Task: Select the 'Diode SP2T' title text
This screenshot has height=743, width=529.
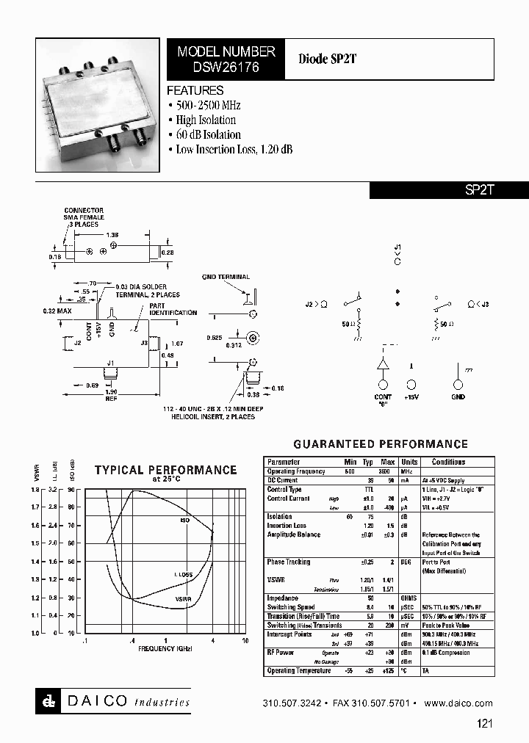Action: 327,59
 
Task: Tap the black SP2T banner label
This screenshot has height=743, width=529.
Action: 481,189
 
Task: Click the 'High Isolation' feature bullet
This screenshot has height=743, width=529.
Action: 206,120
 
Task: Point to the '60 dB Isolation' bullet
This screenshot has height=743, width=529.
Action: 208,134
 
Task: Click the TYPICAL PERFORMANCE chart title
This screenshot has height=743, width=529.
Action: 165,470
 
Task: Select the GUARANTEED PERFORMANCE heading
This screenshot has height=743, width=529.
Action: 381,444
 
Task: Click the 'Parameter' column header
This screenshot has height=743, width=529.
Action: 284,462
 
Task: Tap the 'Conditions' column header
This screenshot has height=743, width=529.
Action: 448,462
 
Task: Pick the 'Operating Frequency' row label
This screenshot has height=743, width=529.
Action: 295,471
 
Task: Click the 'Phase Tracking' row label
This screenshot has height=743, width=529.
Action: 289,562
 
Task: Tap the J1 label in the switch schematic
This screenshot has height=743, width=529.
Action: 397,246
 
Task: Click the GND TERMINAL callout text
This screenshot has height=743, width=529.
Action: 226,277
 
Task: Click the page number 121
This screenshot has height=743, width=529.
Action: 484,723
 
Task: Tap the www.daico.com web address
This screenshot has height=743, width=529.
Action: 458,703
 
